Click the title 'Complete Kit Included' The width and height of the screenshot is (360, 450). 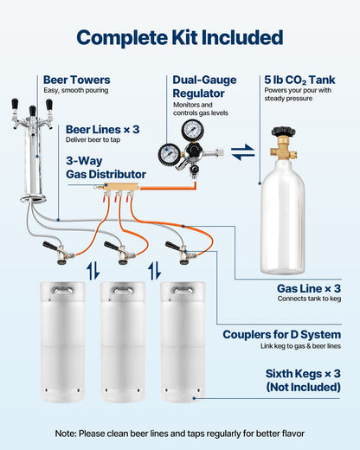click(x=179, y=37)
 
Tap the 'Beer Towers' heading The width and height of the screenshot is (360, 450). click(x=76, y=80)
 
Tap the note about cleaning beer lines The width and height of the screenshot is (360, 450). click(x=179, y=433)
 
